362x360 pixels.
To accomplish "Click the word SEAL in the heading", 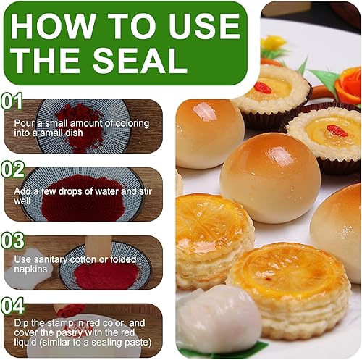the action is click(x=140, y=60).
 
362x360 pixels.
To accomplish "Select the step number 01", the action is click(x=12, y=101).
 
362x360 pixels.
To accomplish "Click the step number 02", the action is click(x=12, y=169).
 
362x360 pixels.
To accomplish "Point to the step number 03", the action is click(x=12, y=240).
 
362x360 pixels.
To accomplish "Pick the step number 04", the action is click(x=12, y=306).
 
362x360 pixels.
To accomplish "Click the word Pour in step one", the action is click(x=24, y=123).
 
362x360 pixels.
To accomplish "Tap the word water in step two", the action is click(x=107, y=191).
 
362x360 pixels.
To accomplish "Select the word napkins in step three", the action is click(x=30, y=269).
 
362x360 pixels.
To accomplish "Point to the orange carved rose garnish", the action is click(x=348, y=85).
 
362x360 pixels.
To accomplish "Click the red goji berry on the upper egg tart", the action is click(x=263, y=88).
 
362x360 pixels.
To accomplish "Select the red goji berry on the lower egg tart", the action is click(x=337, y=131).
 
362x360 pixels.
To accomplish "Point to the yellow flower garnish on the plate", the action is click(x=273, y=43).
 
